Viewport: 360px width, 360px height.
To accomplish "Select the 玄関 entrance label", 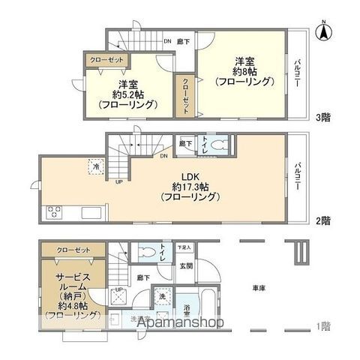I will click(x=185, y=265).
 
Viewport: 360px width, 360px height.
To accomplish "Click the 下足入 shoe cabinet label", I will click(x=184, y=247).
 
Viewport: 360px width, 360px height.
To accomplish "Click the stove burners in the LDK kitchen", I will click(x=54, y=212).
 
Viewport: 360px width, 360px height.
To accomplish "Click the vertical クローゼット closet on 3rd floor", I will click(x=185, y=95).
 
